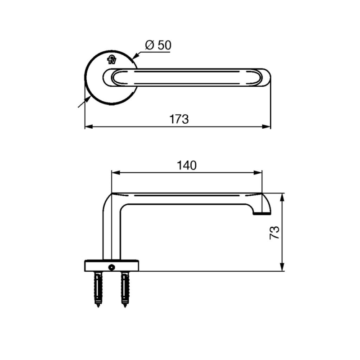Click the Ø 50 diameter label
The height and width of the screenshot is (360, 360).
point(158,45)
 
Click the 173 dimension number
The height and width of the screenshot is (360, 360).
point(179,120)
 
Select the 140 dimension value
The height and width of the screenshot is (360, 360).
point(186,165)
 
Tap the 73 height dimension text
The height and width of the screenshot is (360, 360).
point(274,232)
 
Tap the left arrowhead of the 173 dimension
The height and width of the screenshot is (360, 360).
point(87,127)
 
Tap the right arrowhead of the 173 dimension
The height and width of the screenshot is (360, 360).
point(268,127)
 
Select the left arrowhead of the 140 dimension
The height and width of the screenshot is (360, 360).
point(114,172)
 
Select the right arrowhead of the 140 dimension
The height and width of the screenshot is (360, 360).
point(260,172)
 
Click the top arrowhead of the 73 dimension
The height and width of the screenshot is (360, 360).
point(283,196)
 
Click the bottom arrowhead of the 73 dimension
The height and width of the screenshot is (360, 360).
point(283,269)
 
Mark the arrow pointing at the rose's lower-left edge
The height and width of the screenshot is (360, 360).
point(82,103)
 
